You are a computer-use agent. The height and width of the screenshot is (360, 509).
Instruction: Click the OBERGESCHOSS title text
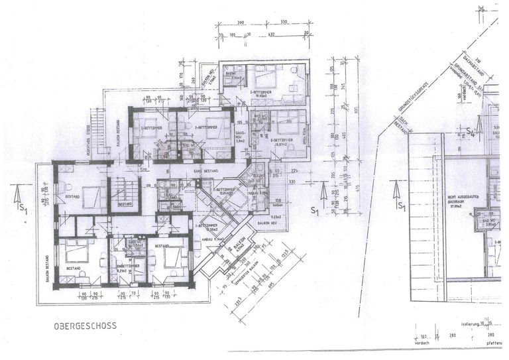pos(85,326)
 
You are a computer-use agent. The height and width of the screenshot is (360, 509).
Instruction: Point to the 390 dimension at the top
pos(241,23)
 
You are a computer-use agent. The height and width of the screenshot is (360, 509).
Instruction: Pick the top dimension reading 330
pos(284,23)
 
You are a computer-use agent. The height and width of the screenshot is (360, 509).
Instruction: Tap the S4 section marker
pos(471,132)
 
